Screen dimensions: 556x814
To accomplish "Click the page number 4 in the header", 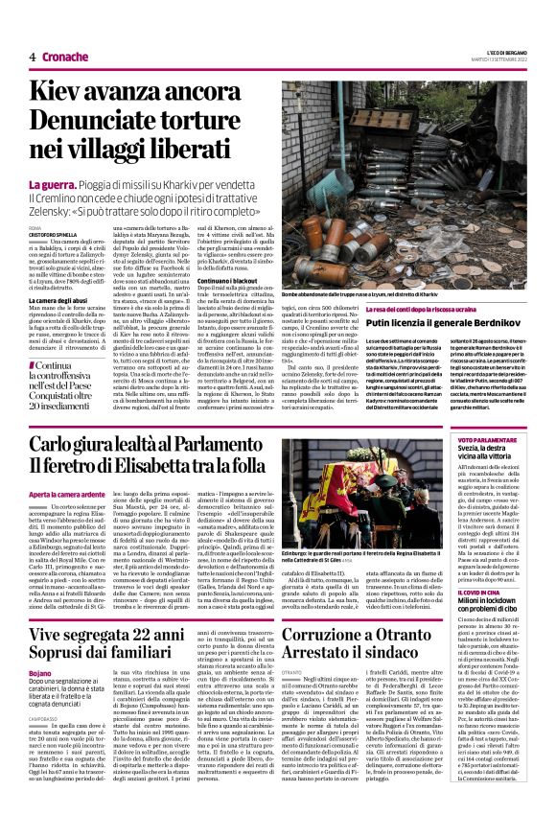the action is [32, 57].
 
